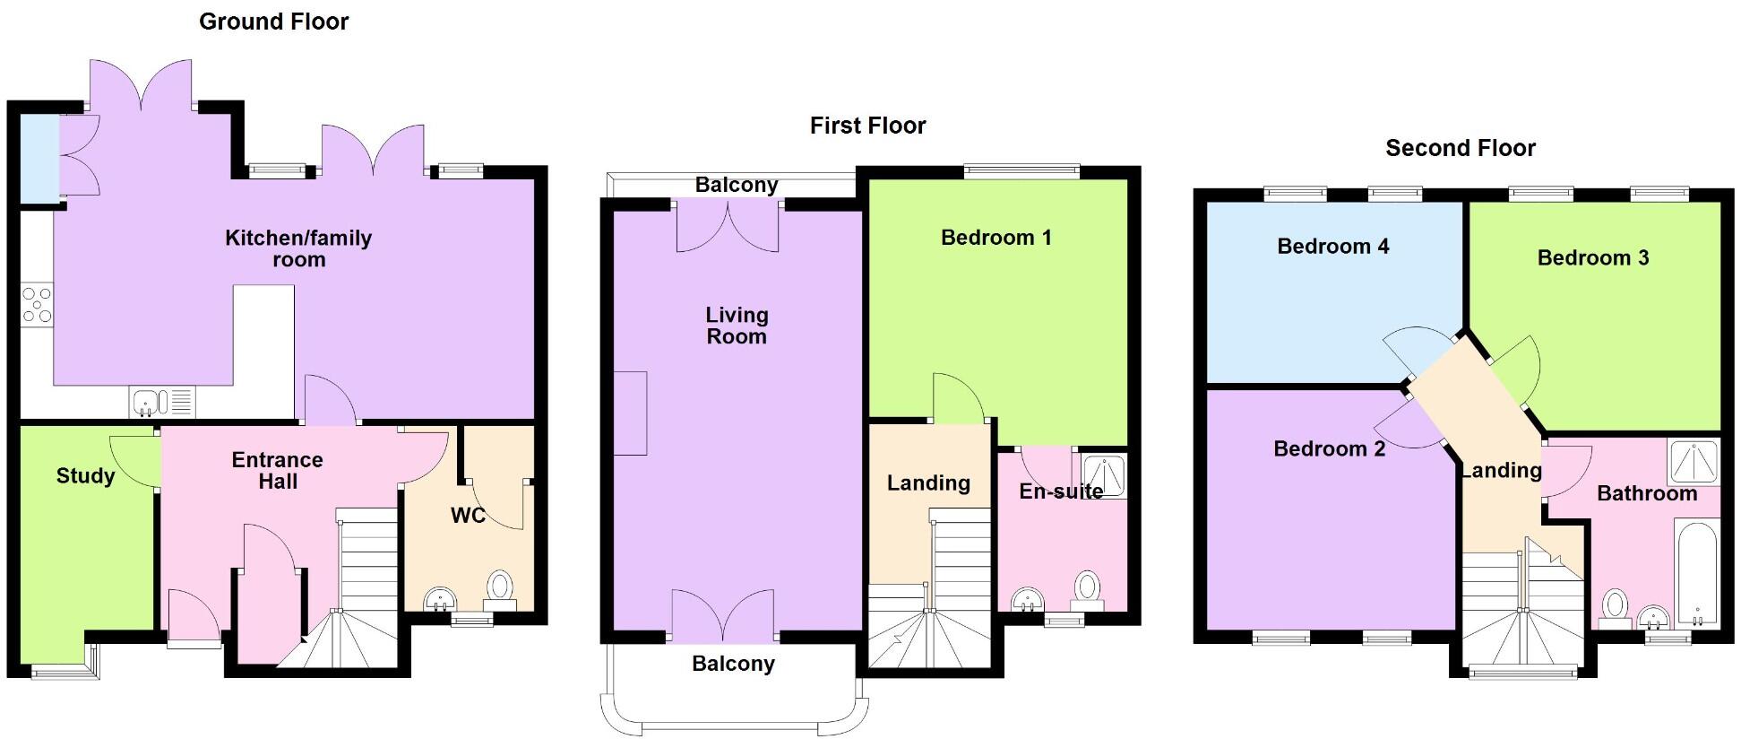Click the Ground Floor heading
click(273, 22)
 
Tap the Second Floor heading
click(1460, 148)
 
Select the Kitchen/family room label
click(298, 248)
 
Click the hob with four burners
click(37, 304)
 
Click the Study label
click(85, 476)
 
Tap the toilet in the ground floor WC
click(500, 588)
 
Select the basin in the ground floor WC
click(440, 598)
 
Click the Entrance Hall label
click(278, 470)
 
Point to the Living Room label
click(737, 326)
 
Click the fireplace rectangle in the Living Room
click(630, 413)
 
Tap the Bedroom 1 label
click(995, 238)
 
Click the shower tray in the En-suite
click(1104, 476)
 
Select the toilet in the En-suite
click(1087, 588)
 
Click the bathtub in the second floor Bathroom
click(1695, 574)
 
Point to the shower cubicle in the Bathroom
click(1694, 462)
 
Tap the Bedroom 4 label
click(1332, 247)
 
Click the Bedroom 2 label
click(1329, 448)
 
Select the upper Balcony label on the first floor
click(736, 185)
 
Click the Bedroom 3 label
click(1592, 258)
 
